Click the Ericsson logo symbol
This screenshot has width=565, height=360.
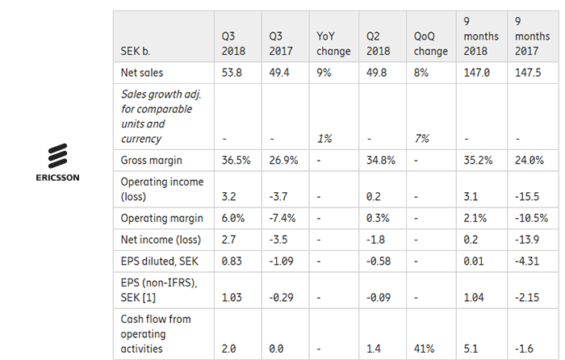(58, 155)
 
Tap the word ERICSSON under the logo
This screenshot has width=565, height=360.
(58, 178)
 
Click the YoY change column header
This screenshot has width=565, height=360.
(333, 44)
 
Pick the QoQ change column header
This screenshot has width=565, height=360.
(430, 44)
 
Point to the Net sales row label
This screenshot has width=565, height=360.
(141, 73)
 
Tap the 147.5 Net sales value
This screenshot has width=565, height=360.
(526, 73)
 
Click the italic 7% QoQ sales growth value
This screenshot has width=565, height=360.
(421, 139)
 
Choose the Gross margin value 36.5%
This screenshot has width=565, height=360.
(236, 160)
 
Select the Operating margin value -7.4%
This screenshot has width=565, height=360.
(285, 218)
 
